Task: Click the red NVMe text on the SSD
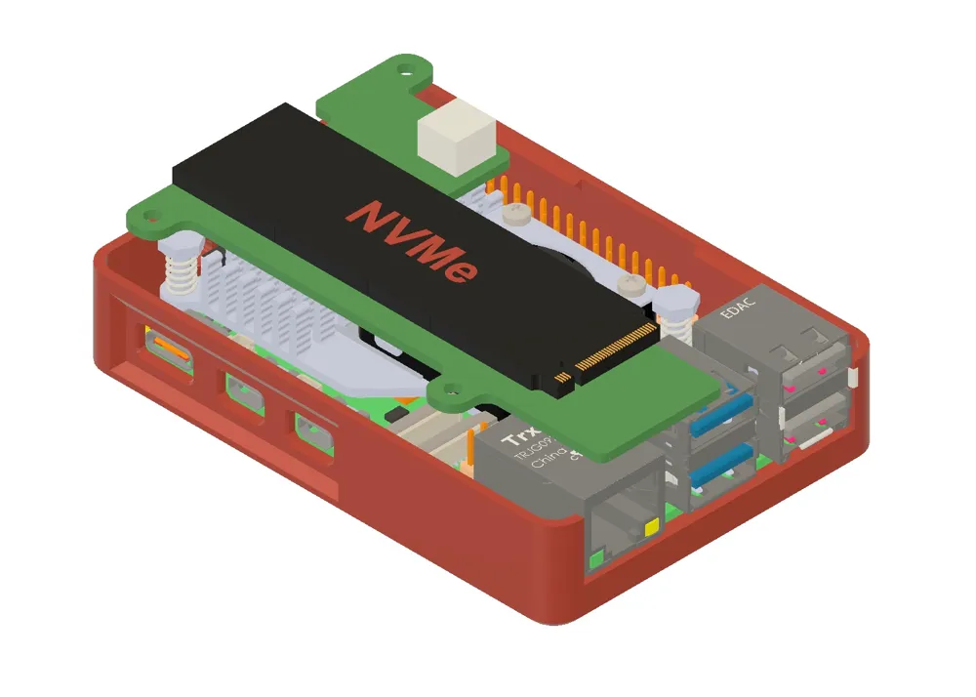click(x=414, y=240)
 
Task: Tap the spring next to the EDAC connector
click(x=672, y=318)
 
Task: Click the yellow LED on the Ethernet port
click(x=651, y=528)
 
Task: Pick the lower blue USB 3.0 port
click(x=724, y=467)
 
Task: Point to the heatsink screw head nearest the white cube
click(x=521, y=209)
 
